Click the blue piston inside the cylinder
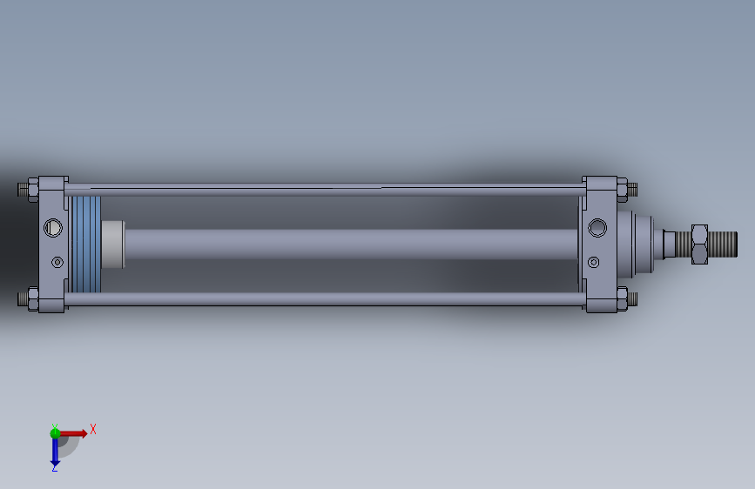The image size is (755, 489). [x=86, y=244]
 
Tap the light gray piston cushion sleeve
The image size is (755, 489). [x=113, y=244]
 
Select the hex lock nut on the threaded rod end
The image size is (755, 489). [x=699, y=244]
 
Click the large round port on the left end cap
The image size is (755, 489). [x=53, y=227]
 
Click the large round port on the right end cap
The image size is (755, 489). [x=597, y=228]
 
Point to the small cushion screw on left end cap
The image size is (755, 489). [x=57, y=262]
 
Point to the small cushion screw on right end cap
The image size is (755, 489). [x=594, y=262]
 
